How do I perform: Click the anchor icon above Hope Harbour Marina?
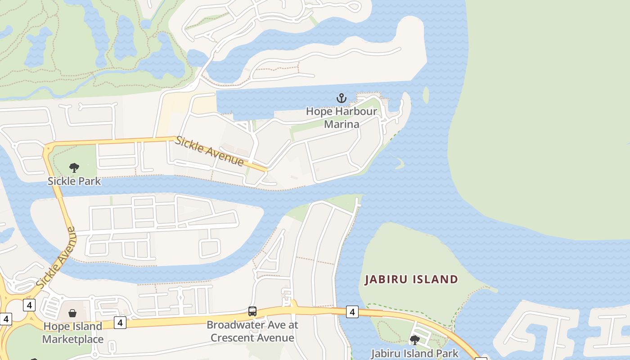click(x=342, y=98)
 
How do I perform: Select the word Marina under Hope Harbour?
click(x=342, y=124)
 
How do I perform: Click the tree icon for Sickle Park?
click(x=74, y=168)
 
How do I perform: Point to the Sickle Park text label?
click(x=74, y=181)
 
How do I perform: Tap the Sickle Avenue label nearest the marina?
click(x=210, y=151)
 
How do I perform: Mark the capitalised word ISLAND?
click(x=433, y=279)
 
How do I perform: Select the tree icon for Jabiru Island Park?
click(x=414, y=340)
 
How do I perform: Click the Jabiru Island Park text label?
click(x=414, y=353)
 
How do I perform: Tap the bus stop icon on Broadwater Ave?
click(x=252, y=311)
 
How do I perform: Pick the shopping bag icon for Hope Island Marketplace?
click(x=72, y=313)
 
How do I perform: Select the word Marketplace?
click(x=73, y=339)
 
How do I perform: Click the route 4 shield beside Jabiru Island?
click(x=352, y=311)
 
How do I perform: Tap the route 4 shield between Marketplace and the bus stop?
click(x=120, y=322)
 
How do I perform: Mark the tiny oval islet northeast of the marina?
click(x=426, y=94)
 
